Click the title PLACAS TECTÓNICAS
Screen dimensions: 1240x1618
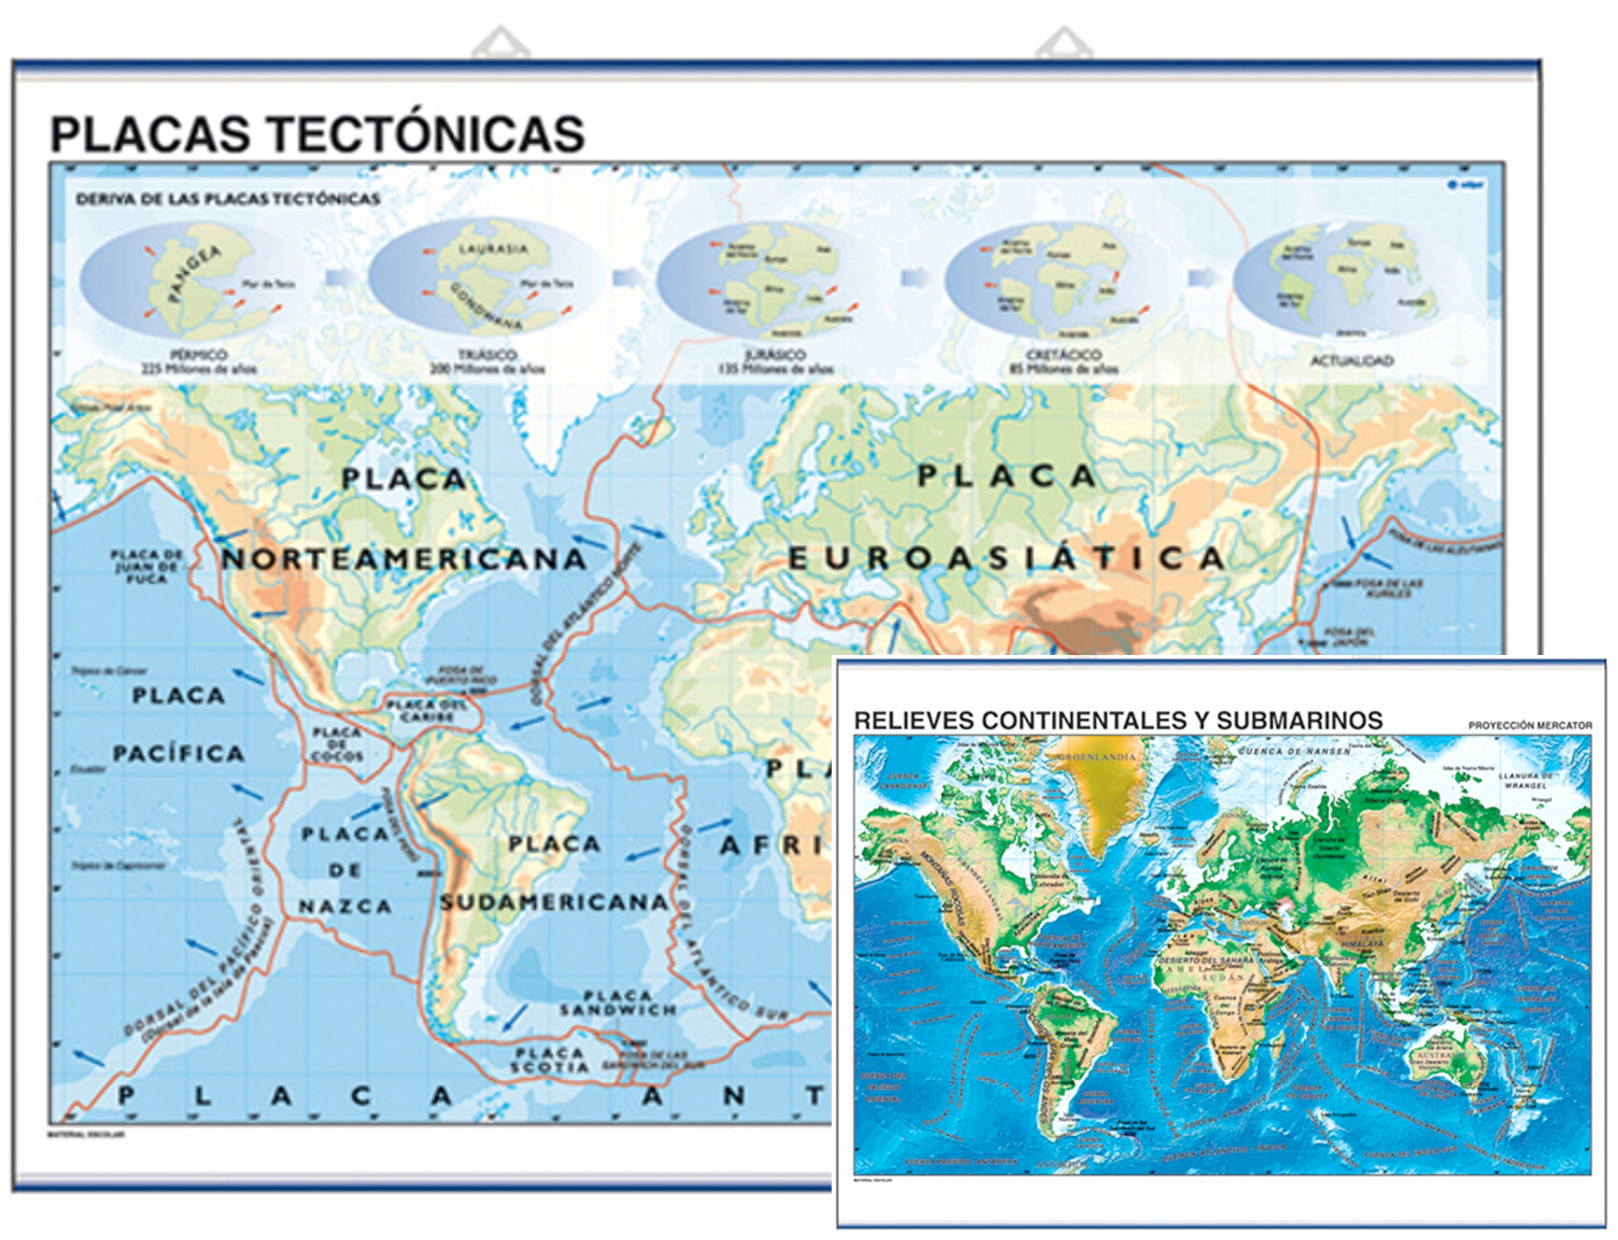tap(317, 134)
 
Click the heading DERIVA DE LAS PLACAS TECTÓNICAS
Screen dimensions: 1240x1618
tap(228, 199)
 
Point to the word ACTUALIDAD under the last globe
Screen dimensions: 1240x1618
tap(1351, 361)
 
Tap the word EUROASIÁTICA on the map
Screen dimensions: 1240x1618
tap(1007, 559)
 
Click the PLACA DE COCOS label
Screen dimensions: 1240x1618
tap(337, 744)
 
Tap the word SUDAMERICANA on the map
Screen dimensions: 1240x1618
tap(554, 902)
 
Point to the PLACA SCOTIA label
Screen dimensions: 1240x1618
tap(550, 1060)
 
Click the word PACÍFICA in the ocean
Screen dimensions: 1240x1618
tap(178, 754)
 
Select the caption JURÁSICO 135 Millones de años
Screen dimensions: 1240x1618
tap(776, 361)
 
